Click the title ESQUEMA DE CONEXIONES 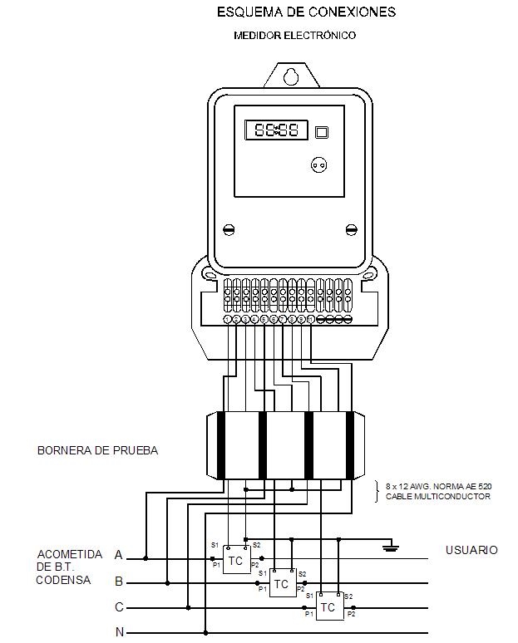(x=306, y=12)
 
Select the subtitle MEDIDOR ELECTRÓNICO (x=295, y=36)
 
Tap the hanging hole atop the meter (x=289, y=76)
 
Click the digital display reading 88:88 (x=275, y=130)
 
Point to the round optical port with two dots (x=318, y=164)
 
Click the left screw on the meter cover (x=229, y=228)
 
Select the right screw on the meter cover (x=350, y=228)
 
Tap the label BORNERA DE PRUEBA (x=97, y=451)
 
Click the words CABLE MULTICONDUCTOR (x=437, y=496)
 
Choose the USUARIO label (x=471, y=550)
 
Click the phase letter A (x=119, y=555)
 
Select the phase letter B (x=119, y=581)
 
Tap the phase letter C (x=119, y=607)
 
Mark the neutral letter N (x=119, y=632)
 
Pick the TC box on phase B (x=282, y=584)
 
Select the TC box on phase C (x=328, y=608)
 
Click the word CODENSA (x=63, y=580)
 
